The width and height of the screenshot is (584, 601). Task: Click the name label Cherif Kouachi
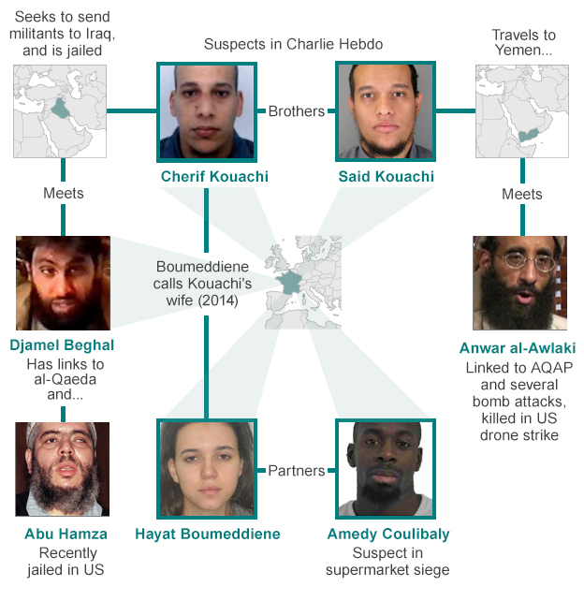[214, 176]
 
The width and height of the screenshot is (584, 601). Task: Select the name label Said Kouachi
[386, 176]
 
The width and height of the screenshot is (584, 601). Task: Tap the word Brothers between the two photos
[297, 111]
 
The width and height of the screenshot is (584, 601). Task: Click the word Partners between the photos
[297, 471]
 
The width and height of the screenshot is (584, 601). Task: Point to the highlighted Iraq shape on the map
[60, 109]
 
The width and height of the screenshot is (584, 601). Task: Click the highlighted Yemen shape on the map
[529, 135]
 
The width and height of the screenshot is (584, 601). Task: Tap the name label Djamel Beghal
[62, 344]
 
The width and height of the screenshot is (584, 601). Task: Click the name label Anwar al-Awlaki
[518, 348]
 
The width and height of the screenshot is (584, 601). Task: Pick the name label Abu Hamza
[66, 534]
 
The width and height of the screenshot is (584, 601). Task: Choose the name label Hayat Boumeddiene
[208, 534]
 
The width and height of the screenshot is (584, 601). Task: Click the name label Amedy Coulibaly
[388, 535]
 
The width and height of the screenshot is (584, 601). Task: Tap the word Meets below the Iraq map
[64, 193]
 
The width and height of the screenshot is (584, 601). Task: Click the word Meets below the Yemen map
[522, 195]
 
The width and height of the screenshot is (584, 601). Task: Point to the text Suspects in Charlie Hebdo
[293, 44]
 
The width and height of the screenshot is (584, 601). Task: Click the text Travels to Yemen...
[523, 42]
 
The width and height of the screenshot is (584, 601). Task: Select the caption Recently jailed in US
[66, 561]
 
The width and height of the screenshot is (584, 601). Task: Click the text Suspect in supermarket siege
[387, 561]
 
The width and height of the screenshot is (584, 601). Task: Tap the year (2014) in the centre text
[218, 300]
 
